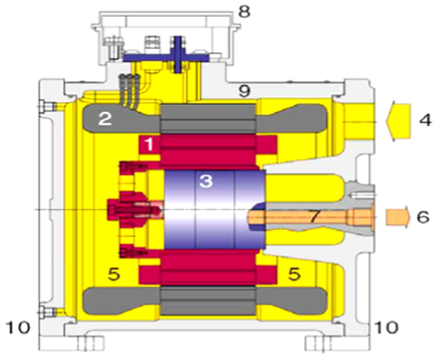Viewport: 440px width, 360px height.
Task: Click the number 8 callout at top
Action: click(x=245, y=12)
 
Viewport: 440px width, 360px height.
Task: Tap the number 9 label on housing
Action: click(x=244, y=91)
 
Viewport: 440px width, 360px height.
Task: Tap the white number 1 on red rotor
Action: click(x=149, y=144)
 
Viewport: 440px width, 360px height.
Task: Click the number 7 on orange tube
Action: click(x=314, y=216)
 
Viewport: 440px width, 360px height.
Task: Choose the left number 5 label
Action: click(x=114, y=274)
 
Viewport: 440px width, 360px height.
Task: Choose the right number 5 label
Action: click(x=294, y=274)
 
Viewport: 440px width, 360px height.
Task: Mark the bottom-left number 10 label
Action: click(x=18, y=327)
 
